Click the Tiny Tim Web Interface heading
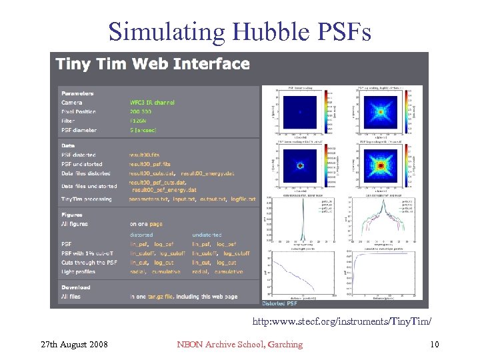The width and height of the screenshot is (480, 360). (153, 64)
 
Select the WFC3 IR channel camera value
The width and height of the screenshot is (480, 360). (152, 103)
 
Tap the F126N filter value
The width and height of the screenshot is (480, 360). (137, 121)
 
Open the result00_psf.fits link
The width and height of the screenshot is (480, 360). (150, 164)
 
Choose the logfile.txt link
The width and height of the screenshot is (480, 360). (243, 199)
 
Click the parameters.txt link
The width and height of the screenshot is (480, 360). (150, 199)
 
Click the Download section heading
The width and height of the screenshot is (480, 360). (75, 287)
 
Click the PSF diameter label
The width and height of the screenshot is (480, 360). (79, 131)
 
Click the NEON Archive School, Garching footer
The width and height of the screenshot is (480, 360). (239, 344)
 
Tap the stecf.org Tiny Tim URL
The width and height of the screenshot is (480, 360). (341, 322)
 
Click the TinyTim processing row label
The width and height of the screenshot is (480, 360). (89, 199)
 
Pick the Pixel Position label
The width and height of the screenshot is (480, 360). (78, 112)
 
